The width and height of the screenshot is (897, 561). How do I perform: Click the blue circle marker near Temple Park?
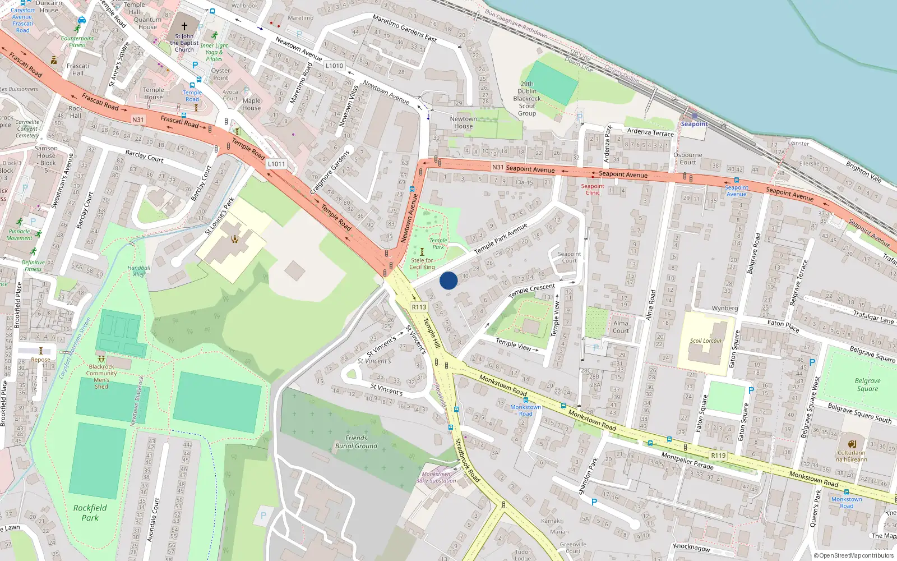pyautogui.click(x=449, y=280)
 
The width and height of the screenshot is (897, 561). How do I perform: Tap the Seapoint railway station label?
pyautogui.click(x=694, y=124)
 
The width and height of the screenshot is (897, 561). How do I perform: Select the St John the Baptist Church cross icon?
pyautogui.click(x=184, y=26)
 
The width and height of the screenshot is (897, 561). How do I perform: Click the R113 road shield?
pyautogui.click(x=419, y=307)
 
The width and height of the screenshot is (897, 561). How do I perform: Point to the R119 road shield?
pyautogui.click(x=718, y=456)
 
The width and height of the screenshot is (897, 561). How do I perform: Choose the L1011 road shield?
pyautogui.click(x=276, y=164)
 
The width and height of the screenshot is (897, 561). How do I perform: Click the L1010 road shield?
pyautogui.click(x=334, y=66)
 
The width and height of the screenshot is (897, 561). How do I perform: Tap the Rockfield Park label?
pyautogui.click(x=90, y=513)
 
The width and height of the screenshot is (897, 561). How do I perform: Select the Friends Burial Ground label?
pyautogui.click(x=356, y=442)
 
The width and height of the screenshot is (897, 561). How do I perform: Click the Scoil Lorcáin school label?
pyautogui.click(x=706, y=341)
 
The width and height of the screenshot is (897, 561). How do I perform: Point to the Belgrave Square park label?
pyautogui.click(x=867, y=385)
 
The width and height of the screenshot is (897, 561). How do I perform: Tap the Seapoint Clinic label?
pyautogui.click(x=593, y=189)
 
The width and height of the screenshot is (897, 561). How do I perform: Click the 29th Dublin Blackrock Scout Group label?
pyautogui.click(x=527, y=99)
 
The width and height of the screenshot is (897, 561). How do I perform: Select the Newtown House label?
pyautogui.click(x=464, y=122)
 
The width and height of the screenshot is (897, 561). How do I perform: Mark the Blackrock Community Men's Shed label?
pyautogui.click(x=101, y=376)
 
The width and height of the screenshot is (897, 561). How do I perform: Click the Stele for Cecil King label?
pyautogui.click(x=422, y=264)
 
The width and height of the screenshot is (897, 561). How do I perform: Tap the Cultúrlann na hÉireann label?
pyautogui.click(x=851, y=456)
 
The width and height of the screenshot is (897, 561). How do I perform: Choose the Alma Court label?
pyautogui.click(x=621, y=327)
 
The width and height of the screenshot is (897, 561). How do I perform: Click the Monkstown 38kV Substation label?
pyautogui.click(x=436, y=477)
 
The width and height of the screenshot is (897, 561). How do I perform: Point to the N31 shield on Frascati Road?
pyautogui.click(x=138, y=119)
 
